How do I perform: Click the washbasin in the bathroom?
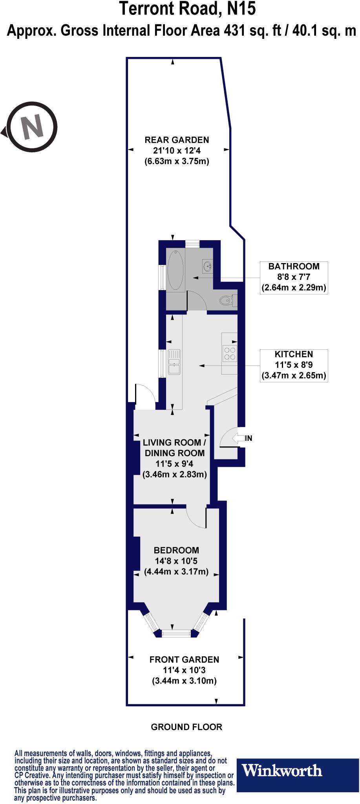tap(207, 266)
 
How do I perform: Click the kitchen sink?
tap(174, 362)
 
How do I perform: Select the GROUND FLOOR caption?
tap(186, 727)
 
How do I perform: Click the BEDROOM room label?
tap(176, 550)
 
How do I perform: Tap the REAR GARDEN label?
tap(177, 140)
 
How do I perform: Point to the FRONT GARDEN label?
tap(184, 660)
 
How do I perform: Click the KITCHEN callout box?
tap(294, 365)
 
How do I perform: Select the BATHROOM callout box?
tap(294, 277)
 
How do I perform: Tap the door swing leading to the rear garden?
tap(144, 395)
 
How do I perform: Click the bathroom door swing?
tap(196, 301)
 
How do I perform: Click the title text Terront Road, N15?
tap(187, 9)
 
